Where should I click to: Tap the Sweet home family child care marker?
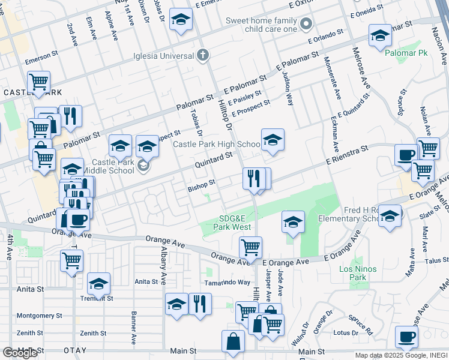click(307, 25)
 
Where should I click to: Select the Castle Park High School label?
click(217, 144)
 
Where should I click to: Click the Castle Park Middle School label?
click(113, 166)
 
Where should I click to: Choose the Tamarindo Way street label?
click(227, 282)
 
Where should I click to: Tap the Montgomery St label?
click(39, 316)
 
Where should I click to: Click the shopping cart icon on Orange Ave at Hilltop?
click(250, 246)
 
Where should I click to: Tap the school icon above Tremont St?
click(98, 283)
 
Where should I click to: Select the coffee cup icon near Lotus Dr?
click(407, 337)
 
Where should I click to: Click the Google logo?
click(20, 353)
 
